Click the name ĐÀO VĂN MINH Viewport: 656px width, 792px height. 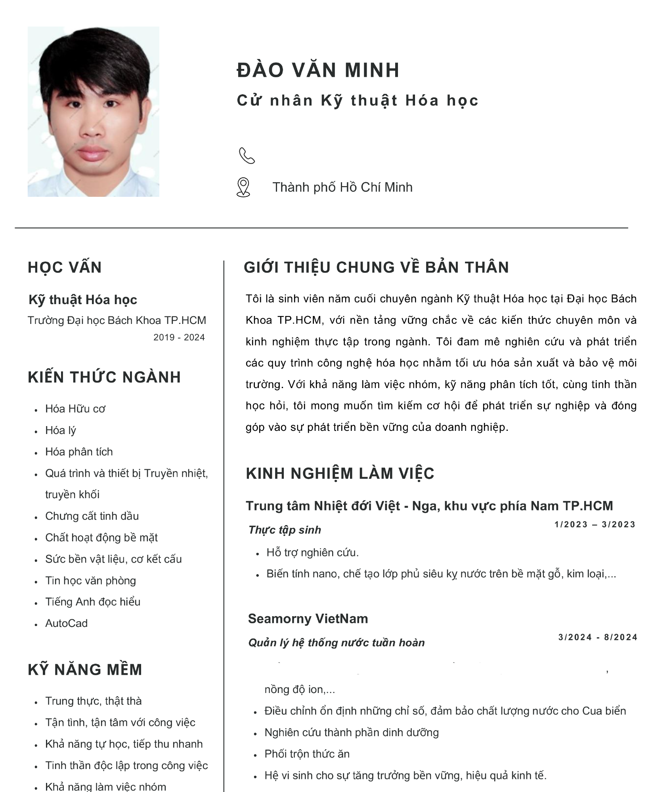tap(318, 70)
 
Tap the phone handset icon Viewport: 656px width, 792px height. tap(247, 156)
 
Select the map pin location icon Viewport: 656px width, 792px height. tap(243, 187)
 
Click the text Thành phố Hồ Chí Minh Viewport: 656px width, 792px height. tap(342, 187)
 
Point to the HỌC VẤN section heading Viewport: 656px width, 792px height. tap(65, 268)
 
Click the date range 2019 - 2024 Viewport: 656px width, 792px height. tap(179, 337)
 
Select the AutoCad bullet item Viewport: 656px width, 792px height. tap(66, 623)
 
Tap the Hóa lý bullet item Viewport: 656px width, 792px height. tap(60, 430)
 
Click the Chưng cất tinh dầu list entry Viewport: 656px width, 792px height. tap(92, 516)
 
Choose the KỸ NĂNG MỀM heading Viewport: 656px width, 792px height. tap(85, 670)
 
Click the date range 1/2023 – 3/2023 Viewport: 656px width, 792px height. tap(595, 525)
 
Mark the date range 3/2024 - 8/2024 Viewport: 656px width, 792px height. tap(597, 637)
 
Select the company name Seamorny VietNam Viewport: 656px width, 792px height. tap(308, 619)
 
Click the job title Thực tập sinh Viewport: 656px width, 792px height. tap(285, 530)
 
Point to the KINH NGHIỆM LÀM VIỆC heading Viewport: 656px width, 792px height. tap(340, 474)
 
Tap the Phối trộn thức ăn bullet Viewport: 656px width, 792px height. tap(307, 754)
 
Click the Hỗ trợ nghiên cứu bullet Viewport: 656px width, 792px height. tap(312, 552)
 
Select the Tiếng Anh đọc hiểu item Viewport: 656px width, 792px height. tap(93, 602)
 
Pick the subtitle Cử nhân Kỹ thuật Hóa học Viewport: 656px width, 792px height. tap(358, 101)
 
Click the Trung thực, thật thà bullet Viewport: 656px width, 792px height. tap(93, 701)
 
